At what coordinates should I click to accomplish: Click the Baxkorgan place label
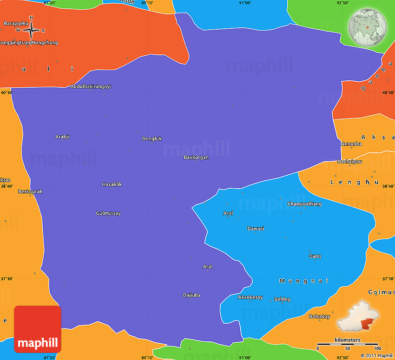pyautogui.click(x=196, y=157)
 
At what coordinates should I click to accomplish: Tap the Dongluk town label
pyautogui.click(x=152, y=138)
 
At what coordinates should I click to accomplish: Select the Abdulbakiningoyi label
pyautogui.click(x=91, y=86)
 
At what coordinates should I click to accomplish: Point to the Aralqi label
pyautogui.click(x=62, y=137)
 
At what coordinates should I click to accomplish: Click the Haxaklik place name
pyautogui.click(x=112, y=184)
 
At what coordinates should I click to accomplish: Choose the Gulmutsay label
pyautogui.click(x=108, y=213)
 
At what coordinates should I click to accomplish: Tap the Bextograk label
pyautogui.click(x=30, y=191)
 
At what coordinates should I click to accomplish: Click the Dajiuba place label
pyautogui.click(x=192, y=295)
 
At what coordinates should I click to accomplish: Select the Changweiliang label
pyautogui.click(x=304, y=204)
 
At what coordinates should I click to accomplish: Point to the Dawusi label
pyautogui.click(x=256, y=229)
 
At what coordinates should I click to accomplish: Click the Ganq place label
pyautogui.click(x=315, y=256)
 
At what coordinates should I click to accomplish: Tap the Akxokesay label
pyautogui.click(x=250, y=297)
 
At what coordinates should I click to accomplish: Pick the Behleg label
pyautogui.click(x=282, y=299)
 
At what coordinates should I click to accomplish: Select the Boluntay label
pyautogui.click(x=320, y=316)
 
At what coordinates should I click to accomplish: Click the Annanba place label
pyautogui.click(x=351, y=144)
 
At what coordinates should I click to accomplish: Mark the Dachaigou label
pyautogui.click(x=350, y=162)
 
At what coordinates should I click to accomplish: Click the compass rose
pyautogui.click(x=31, y=31)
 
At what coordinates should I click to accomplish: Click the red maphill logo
pyautogui.click(x=38, y=329)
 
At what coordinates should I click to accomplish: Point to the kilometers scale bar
pyautogui.click(x=347, y=344)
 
